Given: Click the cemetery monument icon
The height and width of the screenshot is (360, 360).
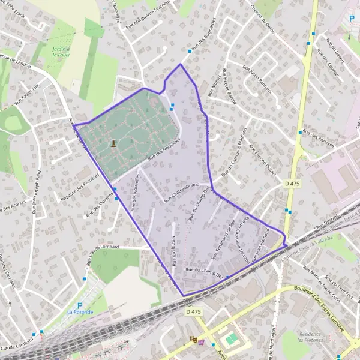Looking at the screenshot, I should (x=114, y=143).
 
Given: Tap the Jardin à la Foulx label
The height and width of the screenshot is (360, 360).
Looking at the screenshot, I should (x=61, y=51).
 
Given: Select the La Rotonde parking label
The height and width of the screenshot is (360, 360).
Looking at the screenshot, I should (x=80, y=312).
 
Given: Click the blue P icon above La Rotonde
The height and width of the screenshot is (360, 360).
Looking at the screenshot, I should (x=80, y=305).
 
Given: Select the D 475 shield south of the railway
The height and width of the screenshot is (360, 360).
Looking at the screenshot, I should (x=193, y=311).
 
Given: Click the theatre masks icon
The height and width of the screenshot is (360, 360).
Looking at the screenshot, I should (x=193, y=340).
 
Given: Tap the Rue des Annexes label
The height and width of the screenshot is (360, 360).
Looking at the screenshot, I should (x=318, y=135).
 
